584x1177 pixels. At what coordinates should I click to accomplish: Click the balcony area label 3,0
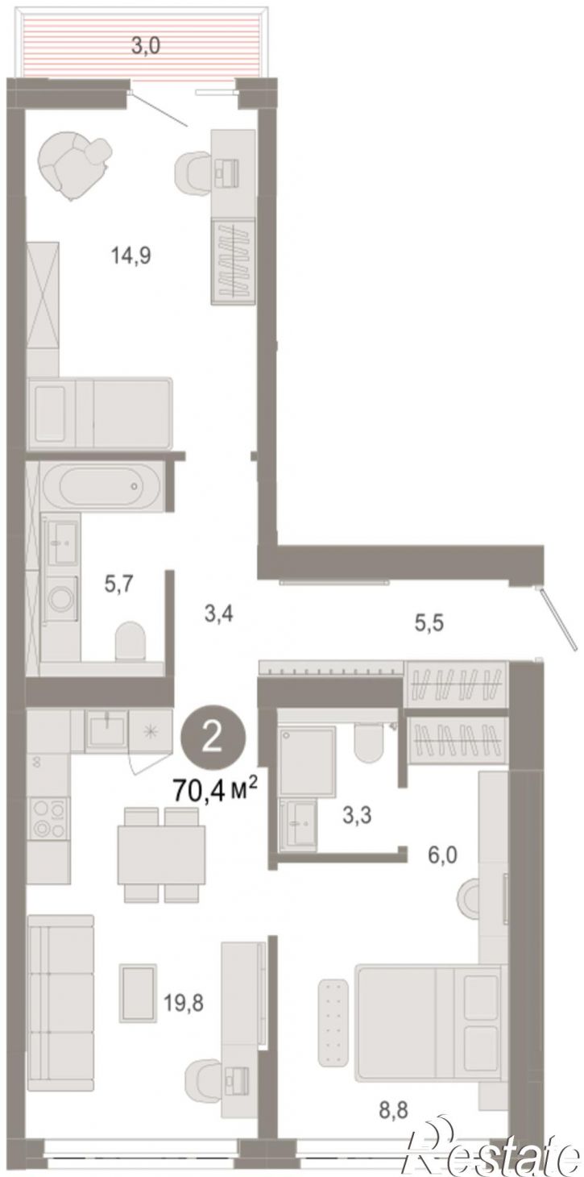click(x=146, y=46)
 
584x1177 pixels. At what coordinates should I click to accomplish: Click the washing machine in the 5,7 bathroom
click(x=61, y=597)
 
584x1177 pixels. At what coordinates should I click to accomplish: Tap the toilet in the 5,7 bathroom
click(x=130, y=640)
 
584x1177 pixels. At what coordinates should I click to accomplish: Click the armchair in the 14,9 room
click(x=75, y=164)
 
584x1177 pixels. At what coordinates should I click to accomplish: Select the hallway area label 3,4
click(x=218, y=613)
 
